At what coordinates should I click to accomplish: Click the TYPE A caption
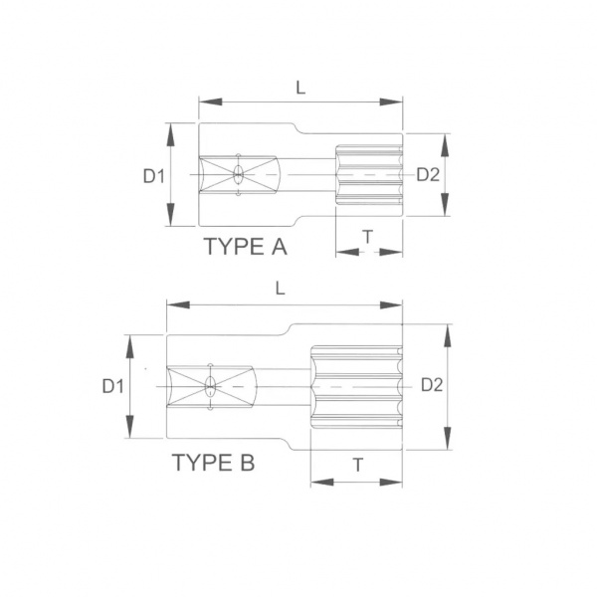coord(246,247)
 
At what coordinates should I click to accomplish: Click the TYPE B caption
coord(213,463)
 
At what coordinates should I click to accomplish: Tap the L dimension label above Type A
coord(300,88)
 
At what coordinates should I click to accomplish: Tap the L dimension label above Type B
coord(281,289)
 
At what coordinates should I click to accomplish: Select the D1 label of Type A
coord(154,176)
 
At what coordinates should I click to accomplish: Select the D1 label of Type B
coord(113,386)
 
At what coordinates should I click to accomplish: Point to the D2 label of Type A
coord(428,175)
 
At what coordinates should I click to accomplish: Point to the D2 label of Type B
coord(432,385)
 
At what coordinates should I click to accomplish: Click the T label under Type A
coord(368,237)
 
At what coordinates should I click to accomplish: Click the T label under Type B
coord(358,465)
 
